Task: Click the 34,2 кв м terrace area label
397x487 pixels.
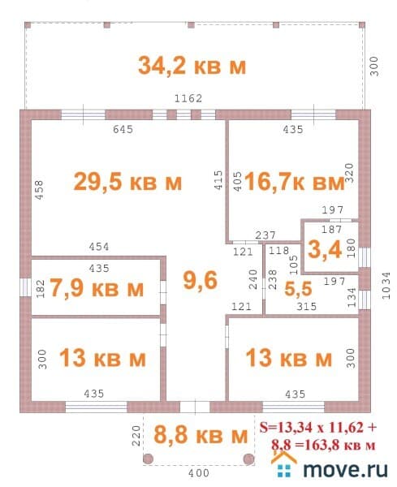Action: tap(192, 65)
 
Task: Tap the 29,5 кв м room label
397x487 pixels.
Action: tap(127, 182)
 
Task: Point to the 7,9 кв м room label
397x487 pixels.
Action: tap(97, 289)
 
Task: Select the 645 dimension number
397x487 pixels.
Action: tap(122, 129)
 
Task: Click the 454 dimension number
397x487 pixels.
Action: tap(99, 247)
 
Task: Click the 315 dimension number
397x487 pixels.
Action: tap(306, 306)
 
